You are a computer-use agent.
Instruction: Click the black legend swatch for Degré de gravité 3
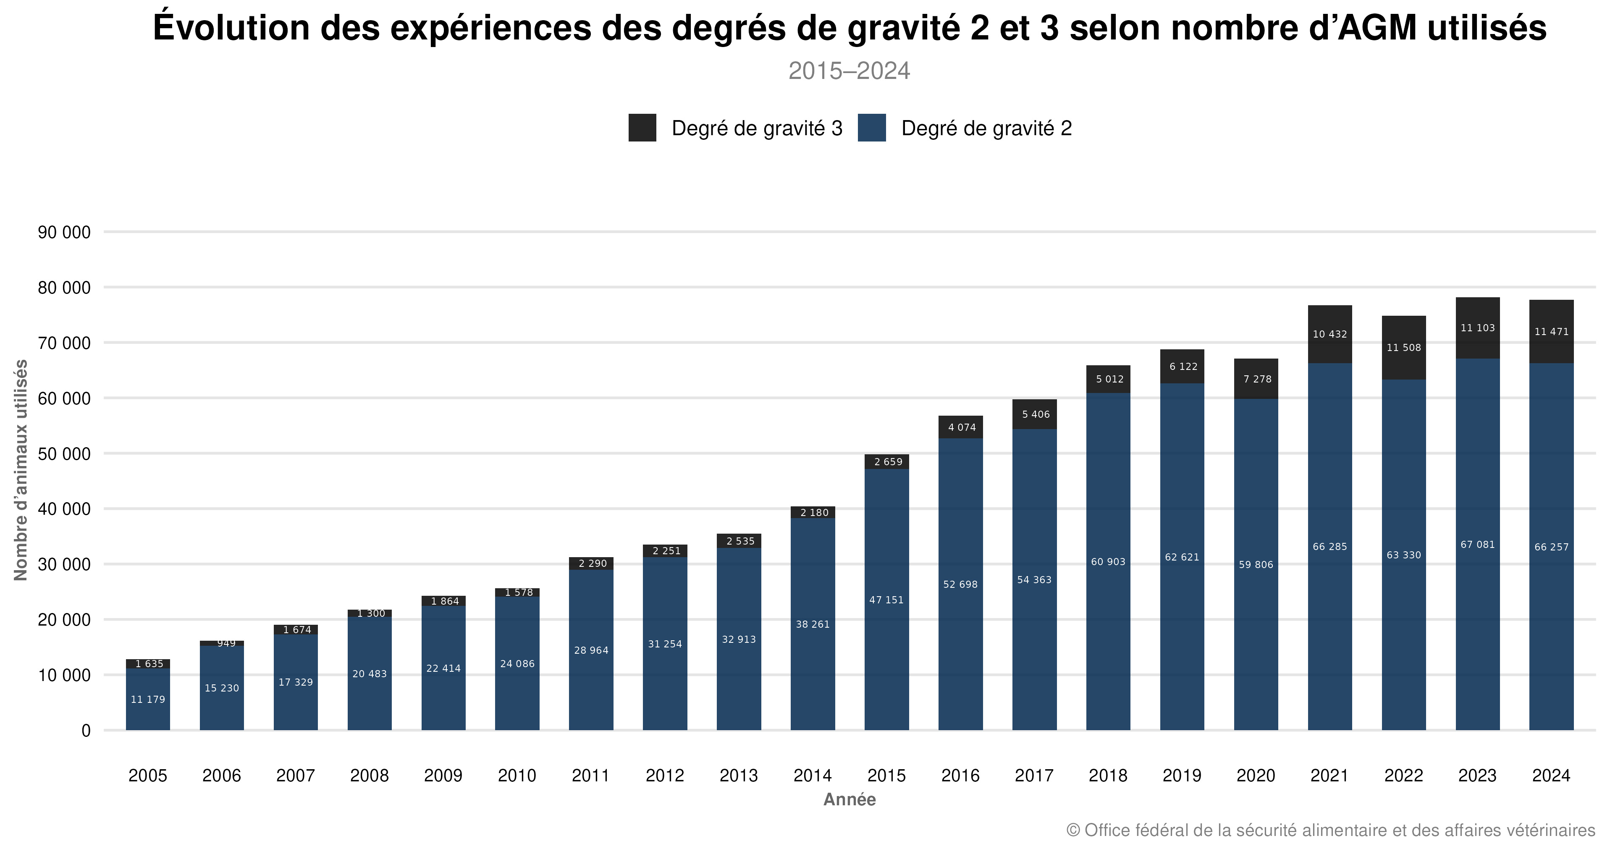[x=642, y=128]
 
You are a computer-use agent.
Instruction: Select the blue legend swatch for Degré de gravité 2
[x=871, y=128]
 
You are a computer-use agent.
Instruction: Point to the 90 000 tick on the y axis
[x=64, y=233]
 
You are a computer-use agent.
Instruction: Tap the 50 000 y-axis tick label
[x=64, y=454]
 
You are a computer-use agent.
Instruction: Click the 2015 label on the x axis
[x=886, y=775]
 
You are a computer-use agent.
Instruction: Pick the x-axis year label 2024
[x=1551, y=775]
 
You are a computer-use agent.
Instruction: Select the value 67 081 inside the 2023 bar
[x=1477, y=544]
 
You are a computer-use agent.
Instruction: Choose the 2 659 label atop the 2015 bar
[x=887, y=462]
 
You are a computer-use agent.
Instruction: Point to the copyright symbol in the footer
[x=1072, y=830]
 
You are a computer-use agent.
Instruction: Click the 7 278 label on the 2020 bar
[x=1257, y=379]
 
